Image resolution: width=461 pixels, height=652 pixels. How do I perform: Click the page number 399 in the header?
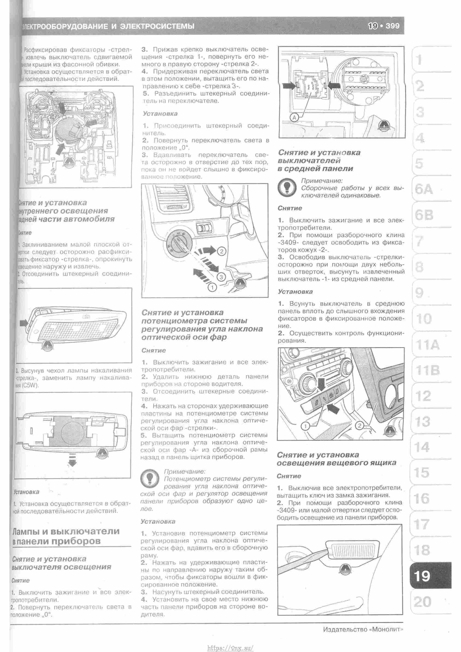[393, 26]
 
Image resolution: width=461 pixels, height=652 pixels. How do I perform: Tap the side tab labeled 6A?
[424, 189]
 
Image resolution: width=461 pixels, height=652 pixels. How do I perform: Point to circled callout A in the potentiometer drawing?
[294, 117]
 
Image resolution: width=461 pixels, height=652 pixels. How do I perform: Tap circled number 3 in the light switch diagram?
[222, 277]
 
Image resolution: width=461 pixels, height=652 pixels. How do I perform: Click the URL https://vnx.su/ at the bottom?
[230, 648]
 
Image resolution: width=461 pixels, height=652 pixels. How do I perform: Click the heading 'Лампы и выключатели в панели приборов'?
[66, 536]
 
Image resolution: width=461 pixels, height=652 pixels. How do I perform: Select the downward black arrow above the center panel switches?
[322, 384]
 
